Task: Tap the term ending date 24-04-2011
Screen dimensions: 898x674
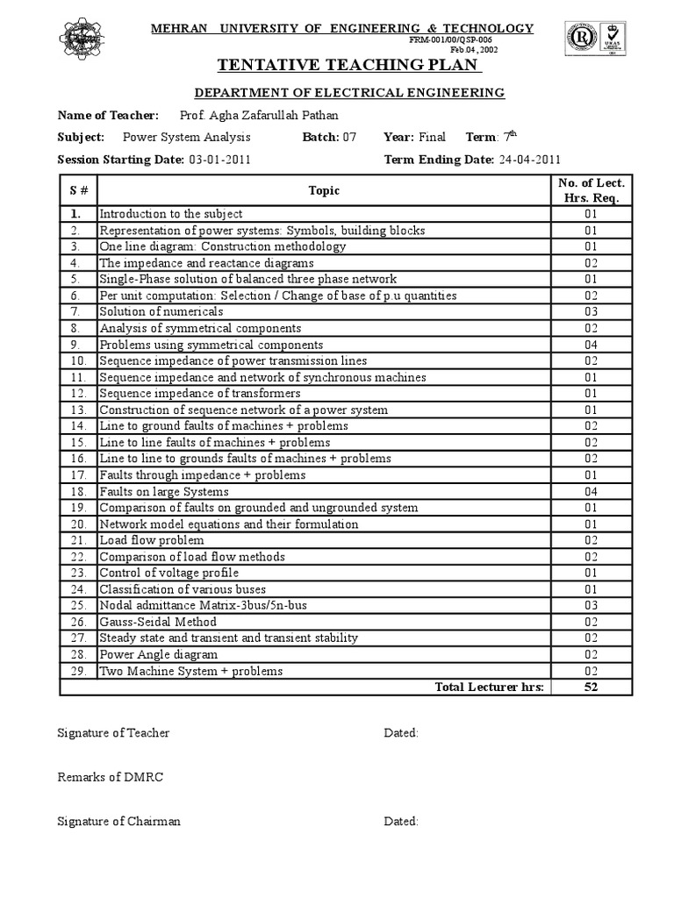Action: click(529, 160)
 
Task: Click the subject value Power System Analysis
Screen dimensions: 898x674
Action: click(186, 138)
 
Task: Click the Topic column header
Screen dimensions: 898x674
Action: click(324, 190)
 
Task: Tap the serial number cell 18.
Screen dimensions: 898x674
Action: click(77, 491)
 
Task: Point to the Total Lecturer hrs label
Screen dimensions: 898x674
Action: click(489, 687)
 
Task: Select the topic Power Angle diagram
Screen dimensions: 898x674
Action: click(158, 655)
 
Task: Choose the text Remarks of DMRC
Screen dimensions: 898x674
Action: click(110, 777)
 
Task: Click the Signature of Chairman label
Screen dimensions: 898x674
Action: click(118, 822)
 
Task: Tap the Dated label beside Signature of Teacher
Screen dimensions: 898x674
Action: click(401, 733)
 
